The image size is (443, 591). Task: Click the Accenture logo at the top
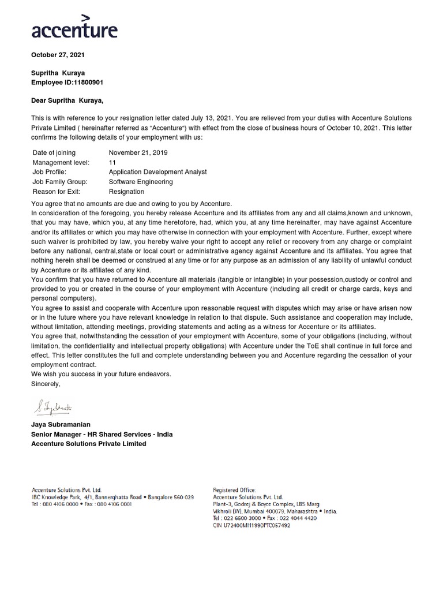pyautogui.click(x=74, y=27)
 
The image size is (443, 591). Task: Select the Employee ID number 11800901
pyautogui.click(x=85, y=83)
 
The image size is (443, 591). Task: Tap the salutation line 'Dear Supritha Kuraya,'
pyautogui.click(x=67, y=100)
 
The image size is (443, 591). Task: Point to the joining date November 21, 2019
pyautogui.click(x=138, y=153)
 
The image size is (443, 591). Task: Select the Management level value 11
pyautogui.click(x=112, y=163)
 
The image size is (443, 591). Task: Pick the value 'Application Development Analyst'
pyautogui.click(x=157, y=172)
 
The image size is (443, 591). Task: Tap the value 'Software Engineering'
pyautogui.click(x=141, y=182)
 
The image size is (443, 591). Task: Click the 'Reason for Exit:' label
pyautogui.click(x=57, y=191)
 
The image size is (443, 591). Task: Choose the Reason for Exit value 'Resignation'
pyautogui.click(x=126, y=191)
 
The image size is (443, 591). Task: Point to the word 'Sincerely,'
pyautogui.click(x=46, y=383)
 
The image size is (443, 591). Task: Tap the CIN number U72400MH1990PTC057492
pyautogui.click(x=251, y=526)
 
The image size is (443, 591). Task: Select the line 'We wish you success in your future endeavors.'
pyautogui.click(x=101, y=374)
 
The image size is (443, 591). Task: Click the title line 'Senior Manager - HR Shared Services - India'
pyautogui.click(x=102, y=434)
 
